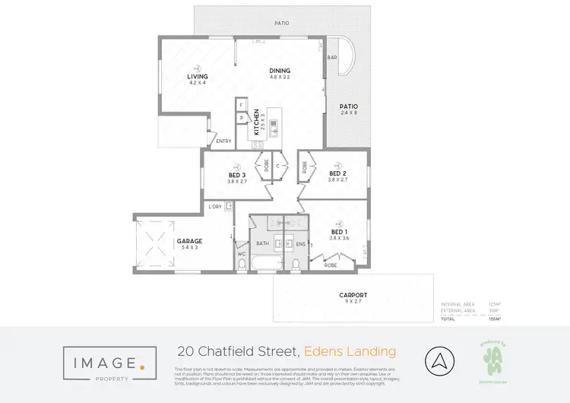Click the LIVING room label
[198, 77]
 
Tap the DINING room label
[280, 71]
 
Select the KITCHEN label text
[257, 122]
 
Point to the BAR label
[332, 58]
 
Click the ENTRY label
[223, 141]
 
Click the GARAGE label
[189, 241]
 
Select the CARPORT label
[353, 295]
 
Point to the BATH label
[263, 243]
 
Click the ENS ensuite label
[300, 243]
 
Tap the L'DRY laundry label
[215, 206]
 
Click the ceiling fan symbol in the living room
[198, 66]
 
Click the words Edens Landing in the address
[350, 351]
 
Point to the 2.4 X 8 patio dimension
[349, 113]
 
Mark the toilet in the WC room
[242, 264]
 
